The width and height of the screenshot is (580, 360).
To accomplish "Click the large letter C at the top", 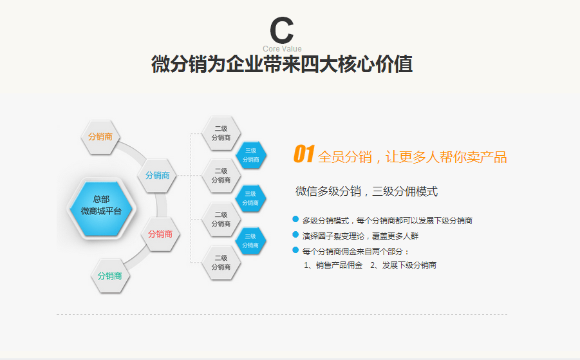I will (281, 30).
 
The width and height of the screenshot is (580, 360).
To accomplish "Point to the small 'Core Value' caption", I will (282, 49).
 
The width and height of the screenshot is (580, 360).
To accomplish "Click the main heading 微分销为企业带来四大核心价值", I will (282, 65).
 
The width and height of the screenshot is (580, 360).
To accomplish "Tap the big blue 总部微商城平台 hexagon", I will (101, 205).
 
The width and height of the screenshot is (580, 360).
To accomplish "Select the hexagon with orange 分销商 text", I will (100, 137).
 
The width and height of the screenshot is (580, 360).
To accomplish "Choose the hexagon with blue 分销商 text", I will (158, 175).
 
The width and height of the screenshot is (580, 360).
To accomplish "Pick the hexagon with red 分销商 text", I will (160, 234).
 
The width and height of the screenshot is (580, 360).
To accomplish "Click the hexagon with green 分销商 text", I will (110, 276).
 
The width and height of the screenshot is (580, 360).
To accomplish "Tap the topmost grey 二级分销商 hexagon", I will (221, 133).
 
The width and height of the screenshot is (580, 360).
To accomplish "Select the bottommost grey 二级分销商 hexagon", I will (221, 262).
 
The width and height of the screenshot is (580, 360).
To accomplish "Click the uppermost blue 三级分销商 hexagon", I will (250, 155).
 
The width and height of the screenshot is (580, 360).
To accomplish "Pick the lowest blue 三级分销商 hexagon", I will (250, 240).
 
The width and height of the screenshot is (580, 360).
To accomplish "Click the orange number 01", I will (303, 155).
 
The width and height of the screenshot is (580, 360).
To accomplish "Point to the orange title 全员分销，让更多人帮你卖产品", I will (412, 157).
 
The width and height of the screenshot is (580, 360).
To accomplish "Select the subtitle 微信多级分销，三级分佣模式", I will (366, 191).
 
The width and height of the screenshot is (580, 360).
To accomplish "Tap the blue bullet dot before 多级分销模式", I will (295, 220).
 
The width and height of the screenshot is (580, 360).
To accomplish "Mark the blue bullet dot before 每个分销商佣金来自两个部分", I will (295, 250).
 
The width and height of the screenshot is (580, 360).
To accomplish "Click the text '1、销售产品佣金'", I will (333, 265).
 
